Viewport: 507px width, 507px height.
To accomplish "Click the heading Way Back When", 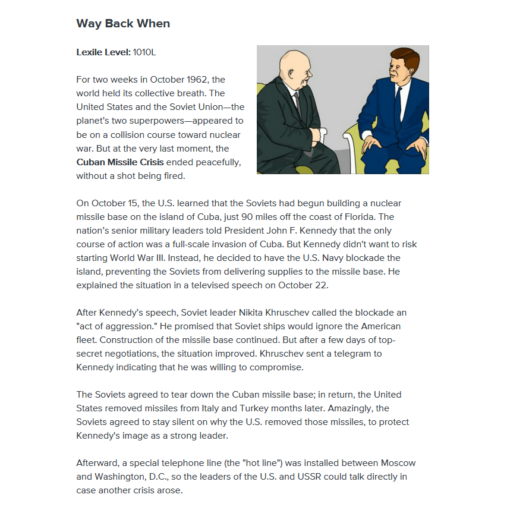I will [x=123, y=24].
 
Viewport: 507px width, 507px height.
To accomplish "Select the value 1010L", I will [x=144, y=52].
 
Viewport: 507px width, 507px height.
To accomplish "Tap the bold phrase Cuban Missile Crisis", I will [x=120, y=162].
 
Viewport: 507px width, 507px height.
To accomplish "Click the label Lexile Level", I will [x=103, y=52].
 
